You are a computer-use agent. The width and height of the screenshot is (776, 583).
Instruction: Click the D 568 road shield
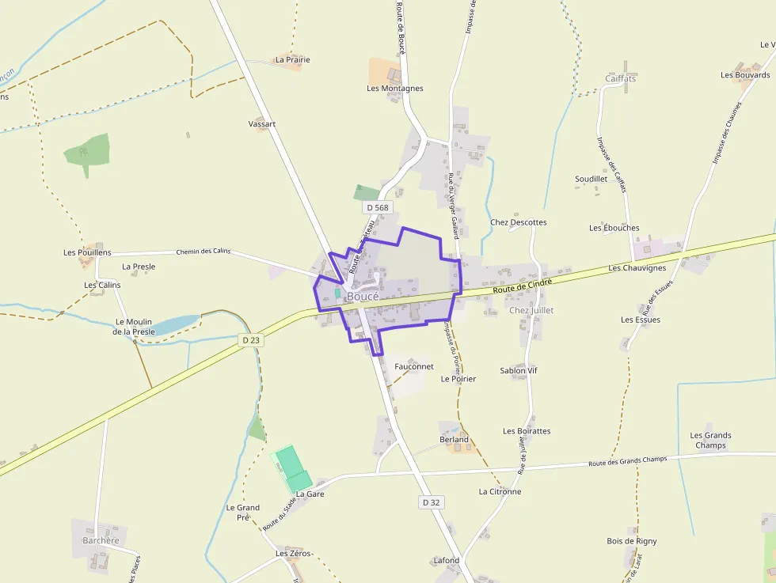pyautogui.click(x=378, y=207)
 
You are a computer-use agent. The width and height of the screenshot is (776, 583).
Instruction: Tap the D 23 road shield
pyautogui.click(x=251, y=339)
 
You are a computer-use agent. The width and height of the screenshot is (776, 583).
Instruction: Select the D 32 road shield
pyautogui.click(x=431, y=502)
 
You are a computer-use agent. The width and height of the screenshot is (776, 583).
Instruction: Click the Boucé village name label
pyautogui.click(x=363, y=296)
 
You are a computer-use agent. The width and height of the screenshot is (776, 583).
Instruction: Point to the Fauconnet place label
pyautogui.click(x=414, y=366)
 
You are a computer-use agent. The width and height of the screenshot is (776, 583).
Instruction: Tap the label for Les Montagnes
pyautogui.click(x=394, y=89)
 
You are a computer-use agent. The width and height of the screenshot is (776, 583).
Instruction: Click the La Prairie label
pyautogui.click(x=292, y=59)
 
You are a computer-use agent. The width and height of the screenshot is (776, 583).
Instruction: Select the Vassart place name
pyautogui.click(x=262, y=124)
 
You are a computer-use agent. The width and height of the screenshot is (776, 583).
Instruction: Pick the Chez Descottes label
pyautogui.click(x=518, y=222)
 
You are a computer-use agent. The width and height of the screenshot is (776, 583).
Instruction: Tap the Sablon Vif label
pyautogui.click(x=519, y=370)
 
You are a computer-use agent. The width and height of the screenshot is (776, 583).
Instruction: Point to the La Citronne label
pyautogui.click(x=500, y=491)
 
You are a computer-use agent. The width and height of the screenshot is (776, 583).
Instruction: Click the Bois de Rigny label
pyautogui.click(x=632, y=541)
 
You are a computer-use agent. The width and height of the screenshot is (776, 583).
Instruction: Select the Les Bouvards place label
pyautogui.click(x=745, y=75)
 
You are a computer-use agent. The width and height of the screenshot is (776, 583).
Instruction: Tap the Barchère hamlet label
pyautogui.click(x=101, y=541)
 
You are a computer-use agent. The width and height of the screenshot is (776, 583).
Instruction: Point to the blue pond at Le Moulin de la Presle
pyautogui.click(x=175, y=324)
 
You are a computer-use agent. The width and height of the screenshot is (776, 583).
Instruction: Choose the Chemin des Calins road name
pyautogui.click(x=204, y=252)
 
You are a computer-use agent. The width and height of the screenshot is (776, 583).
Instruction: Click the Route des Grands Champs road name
pyautogui.click(x=628, y=460)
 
